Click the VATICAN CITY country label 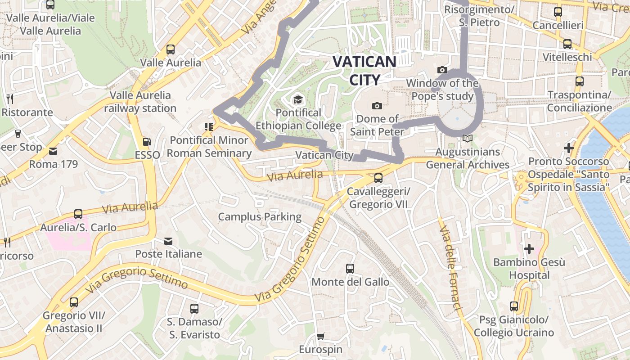pos(364,71)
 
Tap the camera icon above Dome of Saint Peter pos(377,106)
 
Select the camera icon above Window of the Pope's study pos(442,70)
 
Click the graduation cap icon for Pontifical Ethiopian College pos(298,99)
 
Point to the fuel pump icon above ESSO pos(147,141)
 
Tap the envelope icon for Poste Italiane pos(168,241)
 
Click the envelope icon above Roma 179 pos(54,151)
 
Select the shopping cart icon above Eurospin pos(320,336)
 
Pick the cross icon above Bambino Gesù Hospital pos(529,248)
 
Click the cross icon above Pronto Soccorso pos(569,148)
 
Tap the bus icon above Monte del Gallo pos(350,269)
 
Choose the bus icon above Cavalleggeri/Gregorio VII pos(378,178)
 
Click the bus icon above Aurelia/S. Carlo pos(78,214)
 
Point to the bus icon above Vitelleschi pos(567,44)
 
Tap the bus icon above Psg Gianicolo pos(514,306)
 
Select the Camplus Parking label pos(260,217)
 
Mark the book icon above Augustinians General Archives pos(468,139)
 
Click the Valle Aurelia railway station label pos(140,102)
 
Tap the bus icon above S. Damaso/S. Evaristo pos(194,309)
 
